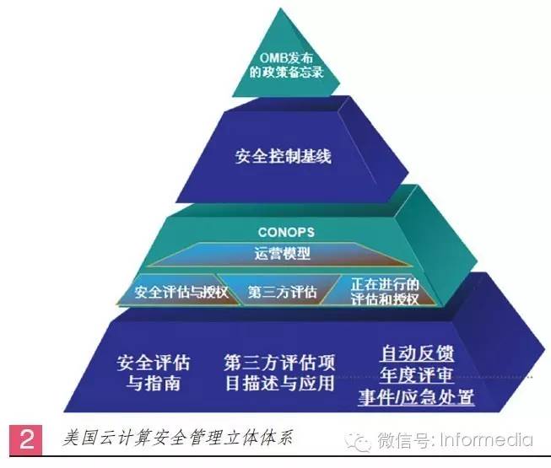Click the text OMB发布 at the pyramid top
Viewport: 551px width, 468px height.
pos(286,58)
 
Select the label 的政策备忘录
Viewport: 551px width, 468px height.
pos(286,72)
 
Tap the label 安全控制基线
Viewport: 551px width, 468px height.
pos(284,156)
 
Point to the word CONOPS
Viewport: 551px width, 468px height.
pos(286,232)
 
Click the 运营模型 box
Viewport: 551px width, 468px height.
pos(281,254)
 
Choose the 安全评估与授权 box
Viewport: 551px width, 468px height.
pos(180,290)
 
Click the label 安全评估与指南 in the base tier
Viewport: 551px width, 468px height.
pos(154,373)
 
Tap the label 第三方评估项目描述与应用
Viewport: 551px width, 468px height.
pos(279,373)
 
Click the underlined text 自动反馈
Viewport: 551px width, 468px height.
pos(417,353)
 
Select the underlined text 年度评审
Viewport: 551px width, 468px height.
pos(417,374)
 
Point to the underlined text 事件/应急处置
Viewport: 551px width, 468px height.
pos(416,396)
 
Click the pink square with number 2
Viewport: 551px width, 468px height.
pos(25,439)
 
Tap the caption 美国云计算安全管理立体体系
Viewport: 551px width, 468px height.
pos(178,438)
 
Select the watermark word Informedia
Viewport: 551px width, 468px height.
pos(486,440)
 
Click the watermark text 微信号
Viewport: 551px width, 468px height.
pos(404,440)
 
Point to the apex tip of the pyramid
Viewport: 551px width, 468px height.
pos(281,8)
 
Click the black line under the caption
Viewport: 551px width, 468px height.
pos(279,456)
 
